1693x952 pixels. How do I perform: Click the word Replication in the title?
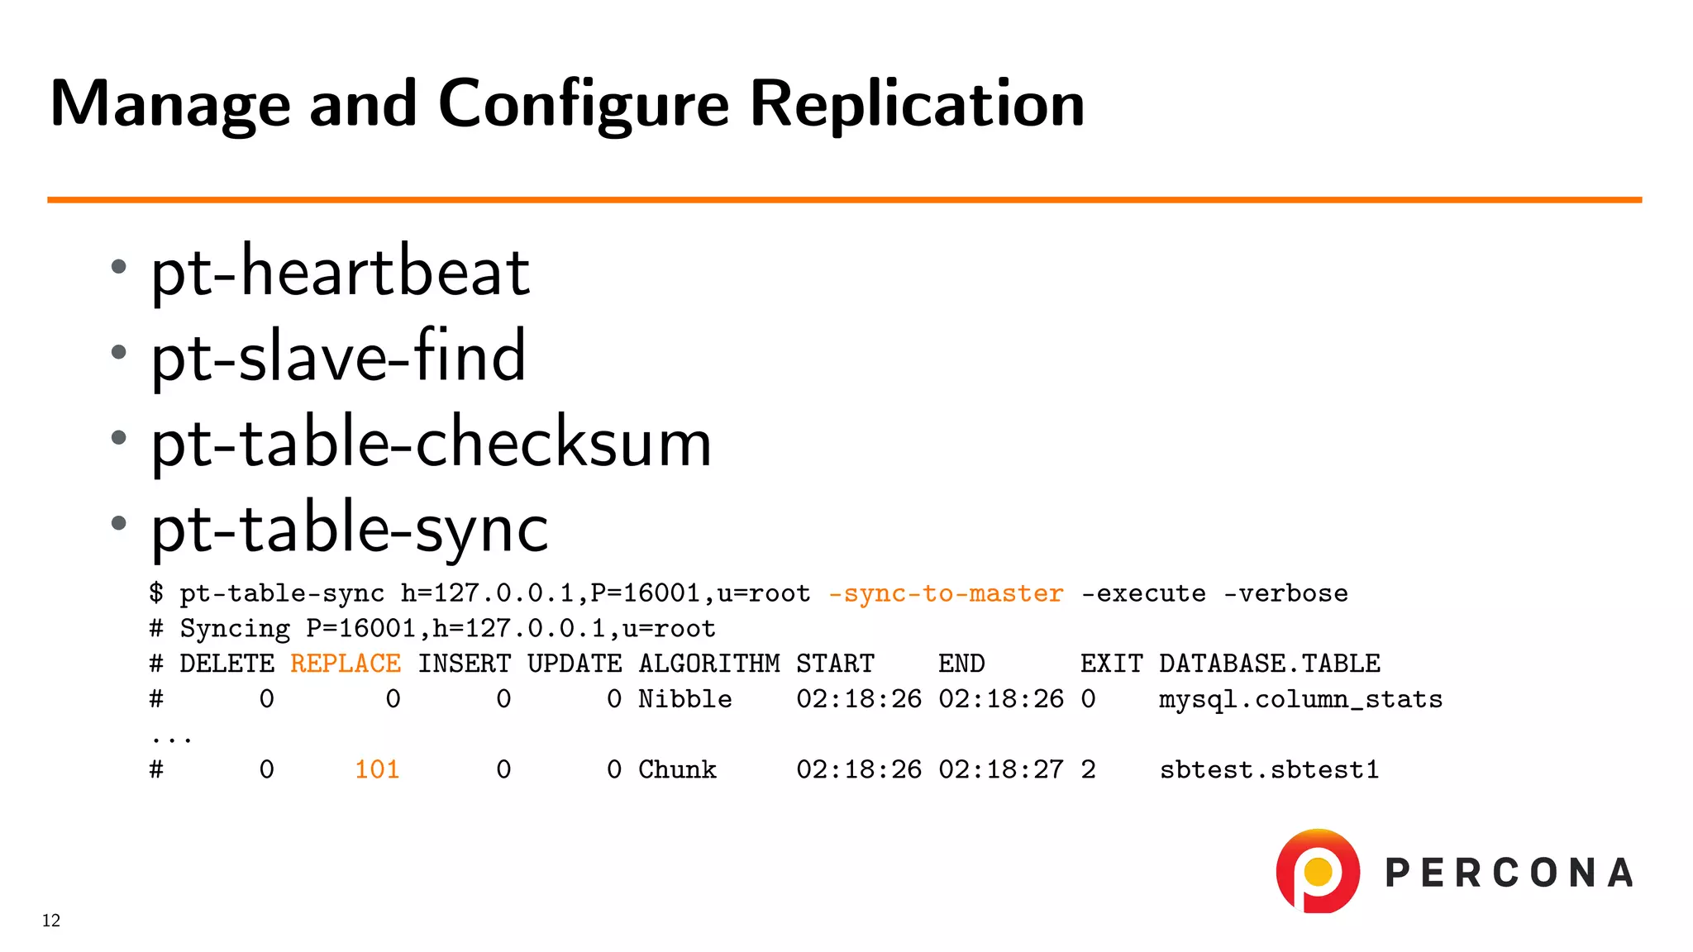tap(917, 104)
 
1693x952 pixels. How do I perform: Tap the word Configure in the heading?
tap(583, 104)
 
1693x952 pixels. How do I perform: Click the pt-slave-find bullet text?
tap(338, 356)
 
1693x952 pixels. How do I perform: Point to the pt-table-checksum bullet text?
tap(431, 442)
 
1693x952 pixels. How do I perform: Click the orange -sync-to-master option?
tap(946, 593)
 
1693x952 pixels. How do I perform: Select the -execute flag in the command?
tap(1143, 593)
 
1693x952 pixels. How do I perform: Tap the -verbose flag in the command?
tap(1285, 593)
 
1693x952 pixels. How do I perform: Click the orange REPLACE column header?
tap(346, 664)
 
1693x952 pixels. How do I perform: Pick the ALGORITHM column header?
tap(709, 664)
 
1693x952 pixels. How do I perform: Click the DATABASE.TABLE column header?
tap(1270, 664)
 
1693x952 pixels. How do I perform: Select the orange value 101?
tap(377, 769)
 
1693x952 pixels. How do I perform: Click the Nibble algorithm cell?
tap(684, 699)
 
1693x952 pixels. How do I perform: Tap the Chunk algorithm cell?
tap(677, 769)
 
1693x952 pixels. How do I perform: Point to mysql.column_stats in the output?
tap(1300, 699)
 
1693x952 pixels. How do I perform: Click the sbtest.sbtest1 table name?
tap(1269, 769)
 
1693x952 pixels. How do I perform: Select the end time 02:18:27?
tap(1001, 769)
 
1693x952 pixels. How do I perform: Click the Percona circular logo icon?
tap(1318, 871)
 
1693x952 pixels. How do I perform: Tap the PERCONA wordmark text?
tap(1509, 873)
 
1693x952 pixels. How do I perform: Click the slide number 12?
tap(51, 921)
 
